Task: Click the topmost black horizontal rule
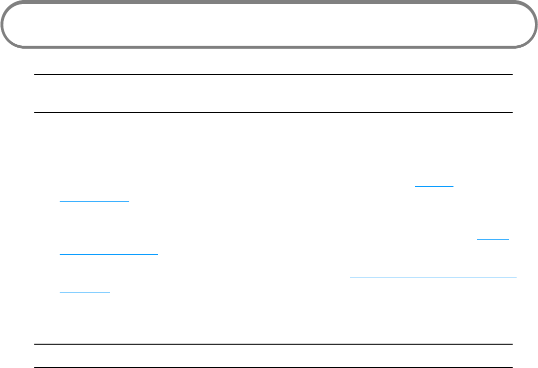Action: pos(273,75)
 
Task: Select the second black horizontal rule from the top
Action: pos(273,113)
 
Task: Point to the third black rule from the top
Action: pos(273,344)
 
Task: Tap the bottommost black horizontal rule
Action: pos(273,368)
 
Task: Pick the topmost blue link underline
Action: pos(435,186)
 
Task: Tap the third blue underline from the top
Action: pos(493,239)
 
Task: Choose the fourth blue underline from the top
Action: pos(108,254)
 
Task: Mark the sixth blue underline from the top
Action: pos(85,292)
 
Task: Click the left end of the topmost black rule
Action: pos(35,75)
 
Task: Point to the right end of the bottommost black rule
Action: pos(512,368)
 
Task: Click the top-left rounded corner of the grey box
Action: pos(7,7)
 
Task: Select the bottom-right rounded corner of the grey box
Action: pos(530,42)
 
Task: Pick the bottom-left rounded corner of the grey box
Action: pos(7,42)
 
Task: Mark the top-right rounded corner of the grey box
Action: pos(530,7)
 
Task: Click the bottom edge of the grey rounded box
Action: pos(269,47)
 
